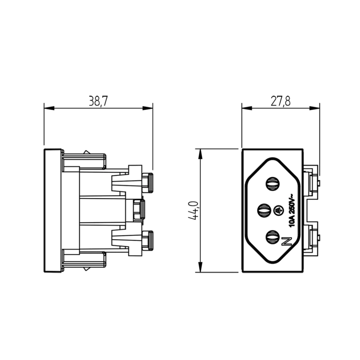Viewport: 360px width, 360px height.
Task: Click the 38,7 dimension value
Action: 98,101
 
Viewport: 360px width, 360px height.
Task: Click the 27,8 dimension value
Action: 281,101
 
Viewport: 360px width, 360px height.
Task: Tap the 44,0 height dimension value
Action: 193,211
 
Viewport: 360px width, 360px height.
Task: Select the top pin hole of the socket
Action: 273,184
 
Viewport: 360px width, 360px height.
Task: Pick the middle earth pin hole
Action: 264,211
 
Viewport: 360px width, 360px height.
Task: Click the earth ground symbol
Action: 279,211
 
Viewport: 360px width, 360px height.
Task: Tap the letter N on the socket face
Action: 287,242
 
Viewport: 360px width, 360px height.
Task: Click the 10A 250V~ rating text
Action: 291,211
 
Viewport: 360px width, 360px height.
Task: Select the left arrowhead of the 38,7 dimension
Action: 49,108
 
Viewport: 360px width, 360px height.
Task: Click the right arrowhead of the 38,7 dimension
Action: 148,108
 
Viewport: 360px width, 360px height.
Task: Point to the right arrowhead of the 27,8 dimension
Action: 314,108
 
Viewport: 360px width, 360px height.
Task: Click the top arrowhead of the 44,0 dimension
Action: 200,154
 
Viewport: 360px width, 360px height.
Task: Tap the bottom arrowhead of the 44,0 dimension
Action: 200,267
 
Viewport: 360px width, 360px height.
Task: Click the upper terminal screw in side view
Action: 147,183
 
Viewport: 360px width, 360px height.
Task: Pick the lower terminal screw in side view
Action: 147,240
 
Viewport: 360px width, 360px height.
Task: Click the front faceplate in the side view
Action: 53,211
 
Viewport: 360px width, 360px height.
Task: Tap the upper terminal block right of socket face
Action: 311,181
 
